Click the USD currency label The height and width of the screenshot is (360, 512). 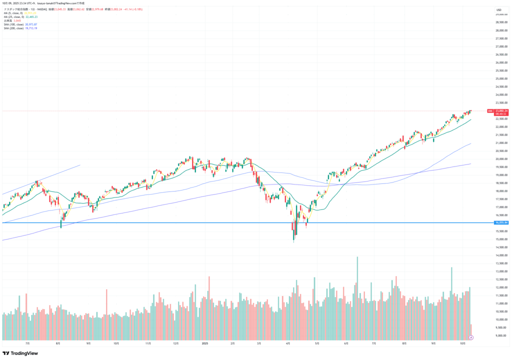498,9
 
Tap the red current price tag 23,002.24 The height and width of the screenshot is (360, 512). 501,110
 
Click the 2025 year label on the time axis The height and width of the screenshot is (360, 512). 205,343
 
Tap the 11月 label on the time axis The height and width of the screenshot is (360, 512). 147,343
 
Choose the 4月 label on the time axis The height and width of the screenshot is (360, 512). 289,343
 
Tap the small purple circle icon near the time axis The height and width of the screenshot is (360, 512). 470,337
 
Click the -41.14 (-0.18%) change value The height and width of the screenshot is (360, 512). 132,9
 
